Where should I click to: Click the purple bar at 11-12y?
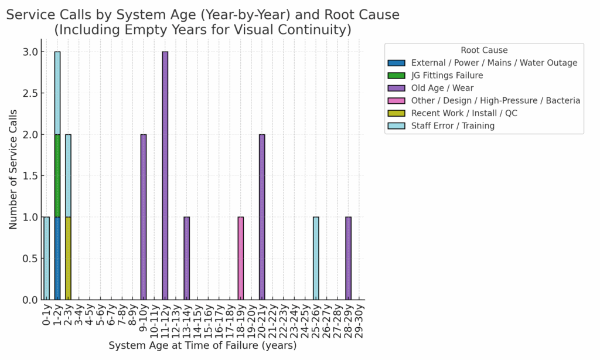click(x=165, y=176)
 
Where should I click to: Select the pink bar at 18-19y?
click(x=240, y=258)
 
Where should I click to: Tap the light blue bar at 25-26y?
click(x=316, y=258)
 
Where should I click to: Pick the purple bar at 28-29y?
click(x=348, y=258)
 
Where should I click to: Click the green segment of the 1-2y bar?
click(x=57, y=175)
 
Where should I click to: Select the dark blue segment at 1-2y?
click(x=57, y=258)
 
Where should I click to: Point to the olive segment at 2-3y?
click(x=68, y=258)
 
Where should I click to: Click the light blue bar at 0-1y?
click(x=46, y=258)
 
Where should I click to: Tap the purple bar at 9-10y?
click(x=144, y=217)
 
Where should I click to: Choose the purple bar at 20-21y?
click(x=262, y=217)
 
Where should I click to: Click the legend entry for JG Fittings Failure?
click(x=447, y=75)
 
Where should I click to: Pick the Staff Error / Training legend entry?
click(x=453, y=125)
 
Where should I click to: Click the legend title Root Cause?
click(x=484, y=50)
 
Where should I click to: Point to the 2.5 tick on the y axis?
click(x=31, y=93)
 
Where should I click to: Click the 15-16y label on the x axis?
click(x=209, y=320)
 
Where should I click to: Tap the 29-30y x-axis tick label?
click(x=359, y=320)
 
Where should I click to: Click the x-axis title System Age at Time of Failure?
click(x=202, y=346)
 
